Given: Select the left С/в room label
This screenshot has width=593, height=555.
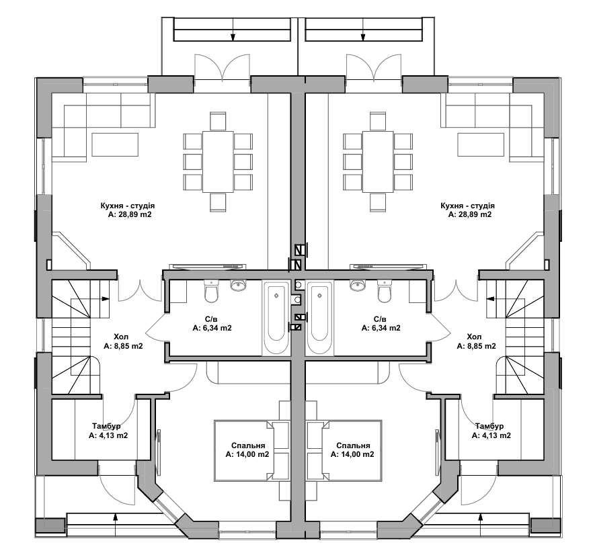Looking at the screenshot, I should pos(212,319).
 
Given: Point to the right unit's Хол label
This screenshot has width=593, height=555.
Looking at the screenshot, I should pos(474,337).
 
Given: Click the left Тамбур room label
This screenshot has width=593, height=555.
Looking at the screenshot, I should pos(107,426).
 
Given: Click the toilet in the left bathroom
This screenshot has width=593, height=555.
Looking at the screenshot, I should pos(212,294).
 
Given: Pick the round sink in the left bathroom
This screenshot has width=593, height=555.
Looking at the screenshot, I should pos(239,286).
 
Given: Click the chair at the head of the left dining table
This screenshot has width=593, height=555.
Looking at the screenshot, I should pos(218,122).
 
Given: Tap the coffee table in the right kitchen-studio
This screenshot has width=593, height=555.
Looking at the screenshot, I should pos(481,144).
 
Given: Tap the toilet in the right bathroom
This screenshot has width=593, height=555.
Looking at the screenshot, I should pos(384,294).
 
